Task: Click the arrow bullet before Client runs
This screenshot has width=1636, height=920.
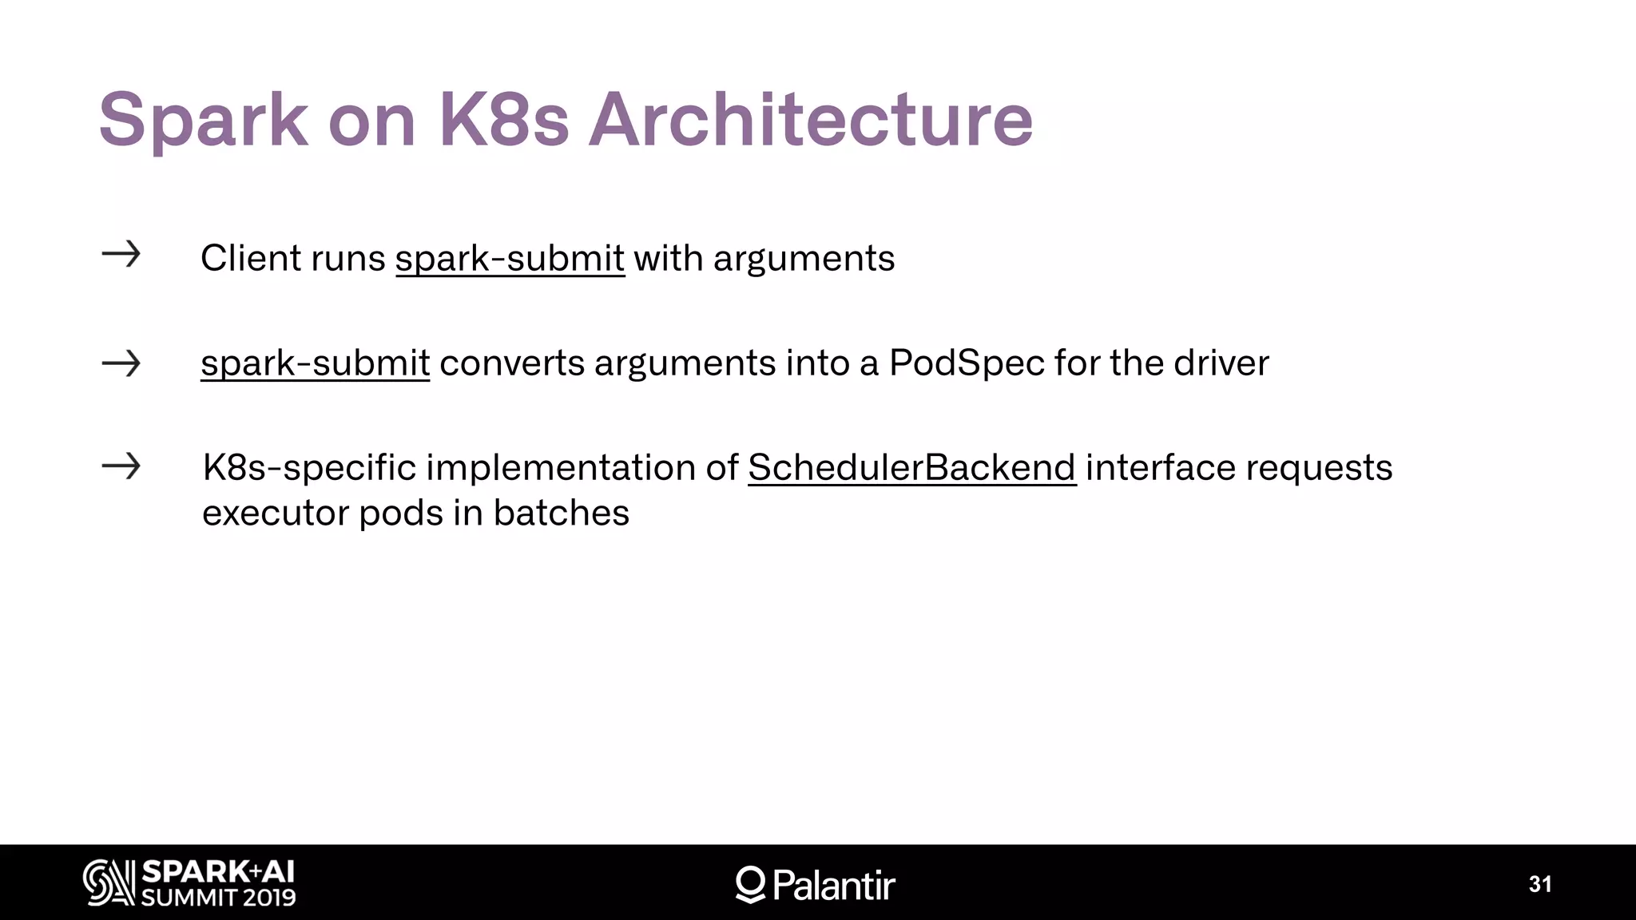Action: coord(121,255)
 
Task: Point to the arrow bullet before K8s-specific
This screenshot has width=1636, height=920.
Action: coord(121,466)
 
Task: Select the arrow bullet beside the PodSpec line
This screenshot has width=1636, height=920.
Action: coord(121,364)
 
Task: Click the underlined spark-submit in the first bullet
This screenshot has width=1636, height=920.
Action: coord(510,259)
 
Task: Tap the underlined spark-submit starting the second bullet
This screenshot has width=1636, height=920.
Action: coord(315,363)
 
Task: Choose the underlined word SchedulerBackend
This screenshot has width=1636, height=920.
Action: coord(911,468)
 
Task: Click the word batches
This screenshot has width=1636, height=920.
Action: coord(561,513)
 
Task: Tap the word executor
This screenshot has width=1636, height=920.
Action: coord(276,513)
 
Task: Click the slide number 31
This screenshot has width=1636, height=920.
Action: coord(1540,884)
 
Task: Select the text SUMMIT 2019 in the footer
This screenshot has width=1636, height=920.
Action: coord(219,898)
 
